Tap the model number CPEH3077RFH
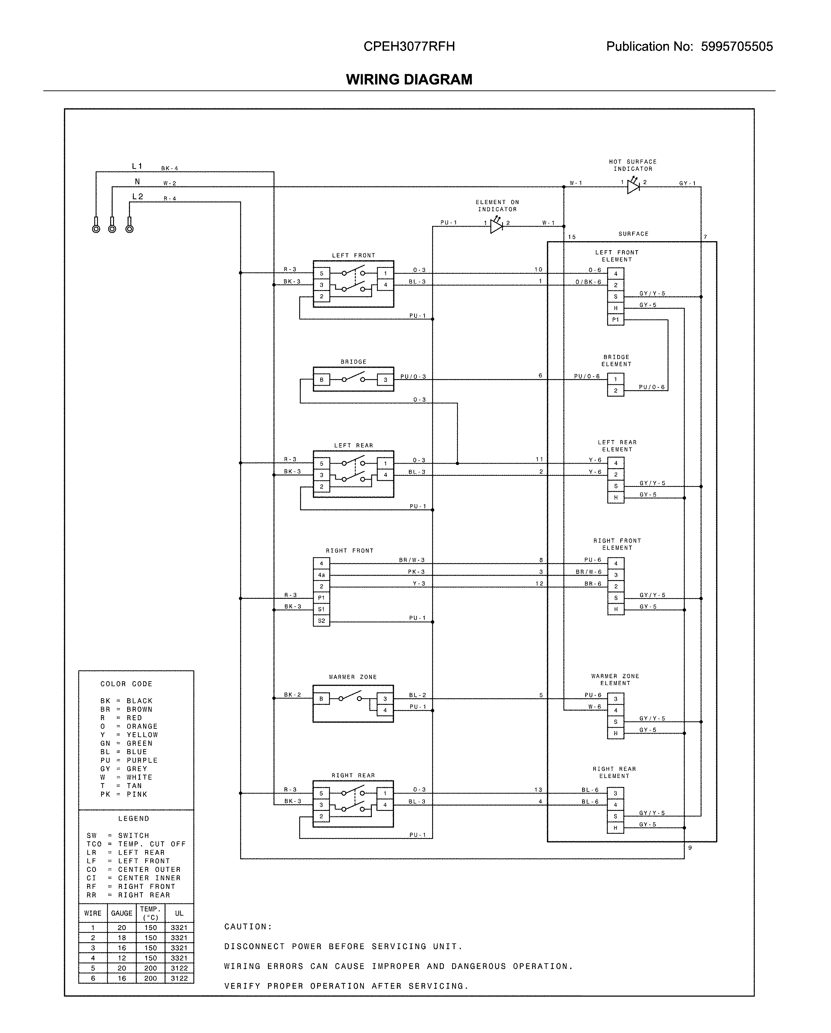(x=409, y=46)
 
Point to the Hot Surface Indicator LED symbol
(x=633, y=186)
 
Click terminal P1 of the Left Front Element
(x=615, y=319)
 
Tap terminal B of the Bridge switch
(x=321, y=380)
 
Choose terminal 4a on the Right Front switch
(x=321, y=575)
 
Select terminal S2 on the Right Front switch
(x=321, y=621)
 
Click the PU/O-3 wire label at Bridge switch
(x=413, y=377)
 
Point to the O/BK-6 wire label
(x=588, y=282)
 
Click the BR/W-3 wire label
(x=412, y=560)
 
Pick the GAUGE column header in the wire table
(x=122, y=913)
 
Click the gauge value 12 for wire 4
(x=122, y=958)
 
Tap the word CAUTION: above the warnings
(x=248, y=927)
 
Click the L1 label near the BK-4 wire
(x=137, y=166)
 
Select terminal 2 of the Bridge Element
(x=615, y=391)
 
